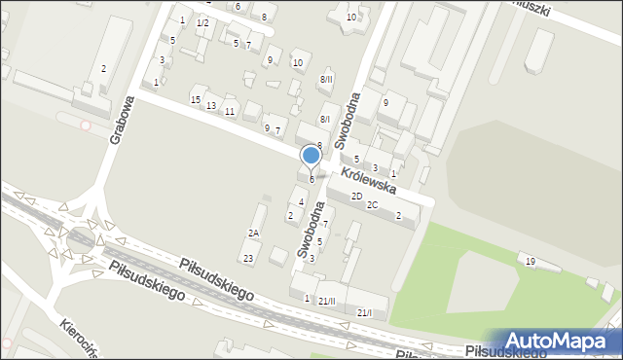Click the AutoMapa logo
(565, 342)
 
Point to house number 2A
(253, 234)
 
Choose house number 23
(248, 258)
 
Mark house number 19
(531, 262)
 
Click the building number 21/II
(326, 301)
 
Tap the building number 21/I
(364, 312)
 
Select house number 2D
(357, 196)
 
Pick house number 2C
(372, 205)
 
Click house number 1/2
(202, 22)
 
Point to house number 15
(196, 100)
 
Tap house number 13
(211, 105)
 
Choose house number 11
(230, 111)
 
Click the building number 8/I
(325, 119)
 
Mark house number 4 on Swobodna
(302, 202)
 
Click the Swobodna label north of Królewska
(348, 120)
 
